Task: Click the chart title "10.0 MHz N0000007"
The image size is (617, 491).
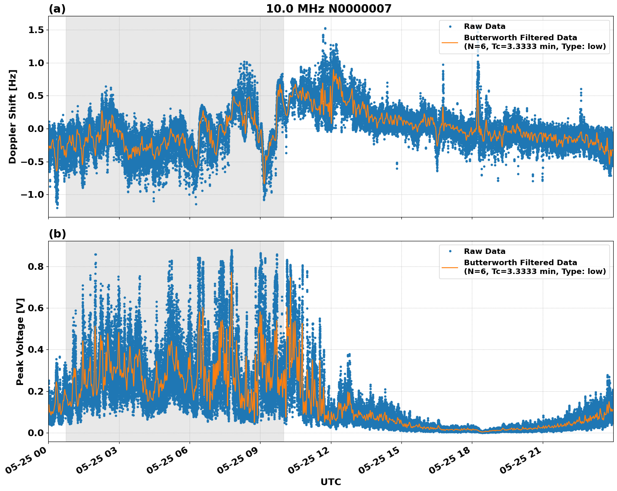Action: click(x=328, y=9)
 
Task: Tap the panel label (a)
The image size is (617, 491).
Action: click(x=57, y=9)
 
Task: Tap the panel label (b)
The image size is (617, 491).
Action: click(x=57, y=234)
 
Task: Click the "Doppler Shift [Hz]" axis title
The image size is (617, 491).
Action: click(x=13, y=116)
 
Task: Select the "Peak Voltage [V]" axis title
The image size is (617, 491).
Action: click(x=20, y=341)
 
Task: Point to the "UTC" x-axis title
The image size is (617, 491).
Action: click(x=331, y=482)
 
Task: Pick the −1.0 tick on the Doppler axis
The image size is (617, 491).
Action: click(x=33, y=195)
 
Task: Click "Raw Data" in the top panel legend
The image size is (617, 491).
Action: click(x=484, y=26)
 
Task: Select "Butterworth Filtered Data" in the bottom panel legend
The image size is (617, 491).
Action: click(x=520, y=263)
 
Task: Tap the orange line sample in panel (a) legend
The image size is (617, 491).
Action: click(x=450, y=42)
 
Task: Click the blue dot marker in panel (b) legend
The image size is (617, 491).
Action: click(x=450, y=251)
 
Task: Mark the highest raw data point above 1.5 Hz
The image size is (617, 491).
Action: click(x=325, y=28)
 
